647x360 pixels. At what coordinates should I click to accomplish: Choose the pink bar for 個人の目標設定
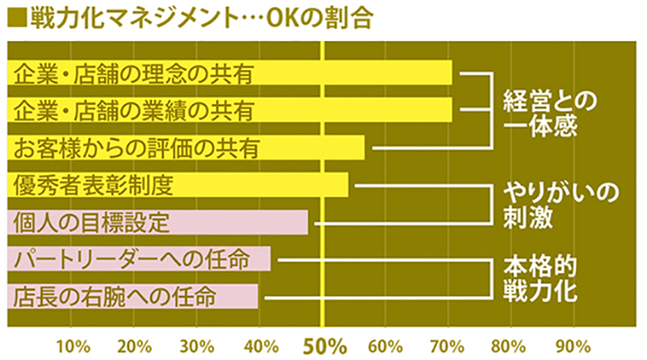pos(157,222)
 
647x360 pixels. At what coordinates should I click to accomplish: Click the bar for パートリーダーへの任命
pos(139,260)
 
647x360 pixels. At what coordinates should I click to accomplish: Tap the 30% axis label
pos(197,343)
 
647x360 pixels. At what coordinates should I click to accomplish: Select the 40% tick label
pos(259,343)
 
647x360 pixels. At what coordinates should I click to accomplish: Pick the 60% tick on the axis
pos(384,343)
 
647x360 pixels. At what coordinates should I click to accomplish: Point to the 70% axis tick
pos(446,343)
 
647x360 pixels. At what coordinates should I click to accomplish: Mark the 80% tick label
pos(509,343)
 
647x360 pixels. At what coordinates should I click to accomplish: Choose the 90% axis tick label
pos(571,343)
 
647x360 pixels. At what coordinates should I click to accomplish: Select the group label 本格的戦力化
pos(542,279)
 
